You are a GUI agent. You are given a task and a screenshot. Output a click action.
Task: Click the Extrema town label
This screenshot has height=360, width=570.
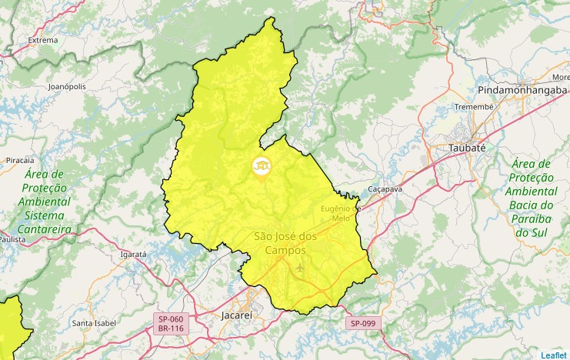click(42, 40)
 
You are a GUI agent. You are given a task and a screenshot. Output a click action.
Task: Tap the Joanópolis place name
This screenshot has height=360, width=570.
click(67, 87)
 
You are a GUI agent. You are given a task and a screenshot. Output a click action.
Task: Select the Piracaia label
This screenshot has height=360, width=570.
click(20, 160)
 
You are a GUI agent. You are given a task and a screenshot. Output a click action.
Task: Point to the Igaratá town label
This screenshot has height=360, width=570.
click(134, 253)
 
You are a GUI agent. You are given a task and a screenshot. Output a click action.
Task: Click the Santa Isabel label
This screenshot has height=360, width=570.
click(94, 322)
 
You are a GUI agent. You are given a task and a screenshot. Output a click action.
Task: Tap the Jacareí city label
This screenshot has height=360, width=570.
click(236, 315)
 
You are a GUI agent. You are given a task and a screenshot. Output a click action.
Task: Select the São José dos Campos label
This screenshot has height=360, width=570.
click(285, 242)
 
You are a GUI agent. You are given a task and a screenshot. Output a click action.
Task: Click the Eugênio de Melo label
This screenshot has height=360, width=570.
click(340, 213)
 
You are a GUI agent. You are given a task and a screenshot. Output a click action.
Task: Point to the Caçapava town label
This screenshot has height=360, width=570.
click(386, 188)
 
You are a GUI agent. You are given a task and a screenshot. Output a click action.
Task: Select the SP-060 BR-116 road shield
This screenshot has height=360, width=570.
click(171, 323)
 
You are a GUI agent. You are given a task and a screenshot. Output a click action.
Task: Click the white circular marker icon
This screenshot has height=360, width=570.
click(262, 165)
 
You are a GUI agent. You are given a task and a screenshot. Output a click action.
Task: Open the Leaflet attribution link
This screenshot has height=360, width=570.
click(553, 355)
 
